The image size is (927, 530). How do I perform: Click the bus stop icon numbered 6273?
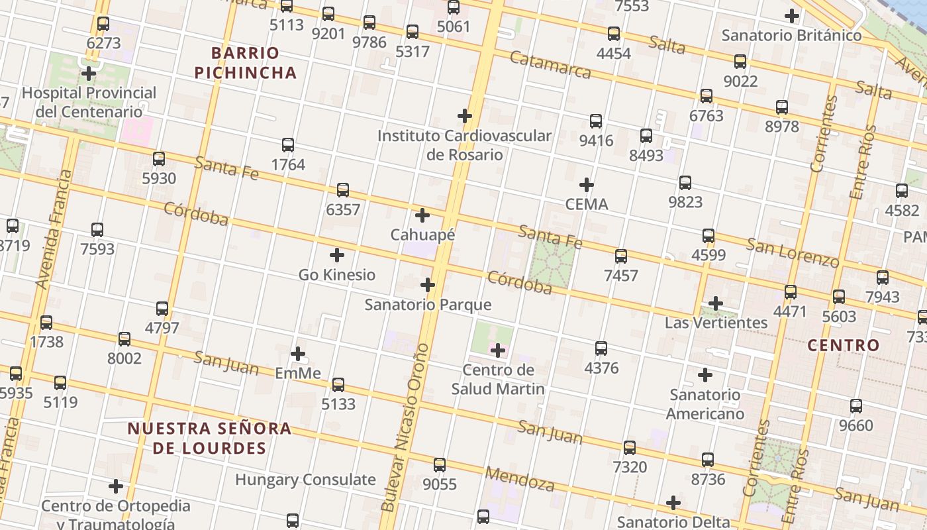[103, 24]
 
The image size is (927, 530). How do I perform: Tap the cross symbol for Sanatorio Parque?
[428, 286]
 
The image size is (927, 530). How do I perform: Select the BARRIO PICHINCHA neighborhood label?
[245, 62]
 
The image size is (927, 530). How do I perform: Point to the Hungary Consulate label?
[305, 480]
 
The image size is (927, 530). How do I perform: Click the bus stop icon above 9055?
[440, 465]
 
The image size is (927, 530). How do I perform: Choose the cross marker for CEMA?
[587, 185]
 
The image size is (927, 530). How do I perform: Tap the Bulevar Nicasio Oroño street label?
[406, 427]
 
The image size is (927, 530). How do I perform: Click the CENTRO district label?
[844, 345]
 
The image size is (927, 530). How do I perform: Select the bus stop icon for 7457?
[621, 256]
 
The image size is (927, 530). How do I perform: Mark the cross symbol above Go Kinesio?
[337, 255]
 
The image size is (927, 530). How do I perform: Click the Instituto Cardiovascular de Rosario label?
[464, 145]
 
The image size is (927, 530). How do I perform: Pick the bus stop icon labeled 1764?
[288, 145]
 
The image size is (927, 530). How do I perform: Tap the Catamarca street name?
[550, 64]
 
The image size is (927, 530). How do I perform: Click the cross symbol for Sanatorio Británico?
[791, 16]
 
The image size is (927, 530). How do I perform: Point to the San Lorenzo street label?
[793, 252]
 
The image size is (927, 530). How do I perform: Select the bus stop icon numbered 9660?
[856, 406]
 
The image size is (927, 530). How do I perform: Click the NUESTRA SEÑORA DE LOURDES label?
[209, 438]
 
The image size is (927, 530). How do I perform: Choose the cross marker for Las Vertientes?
[716, 304]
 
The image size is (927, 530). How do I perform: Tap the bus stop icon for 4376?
[601, 348]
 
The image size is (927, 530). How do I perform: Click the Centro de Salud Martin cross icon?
[498, 350]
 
